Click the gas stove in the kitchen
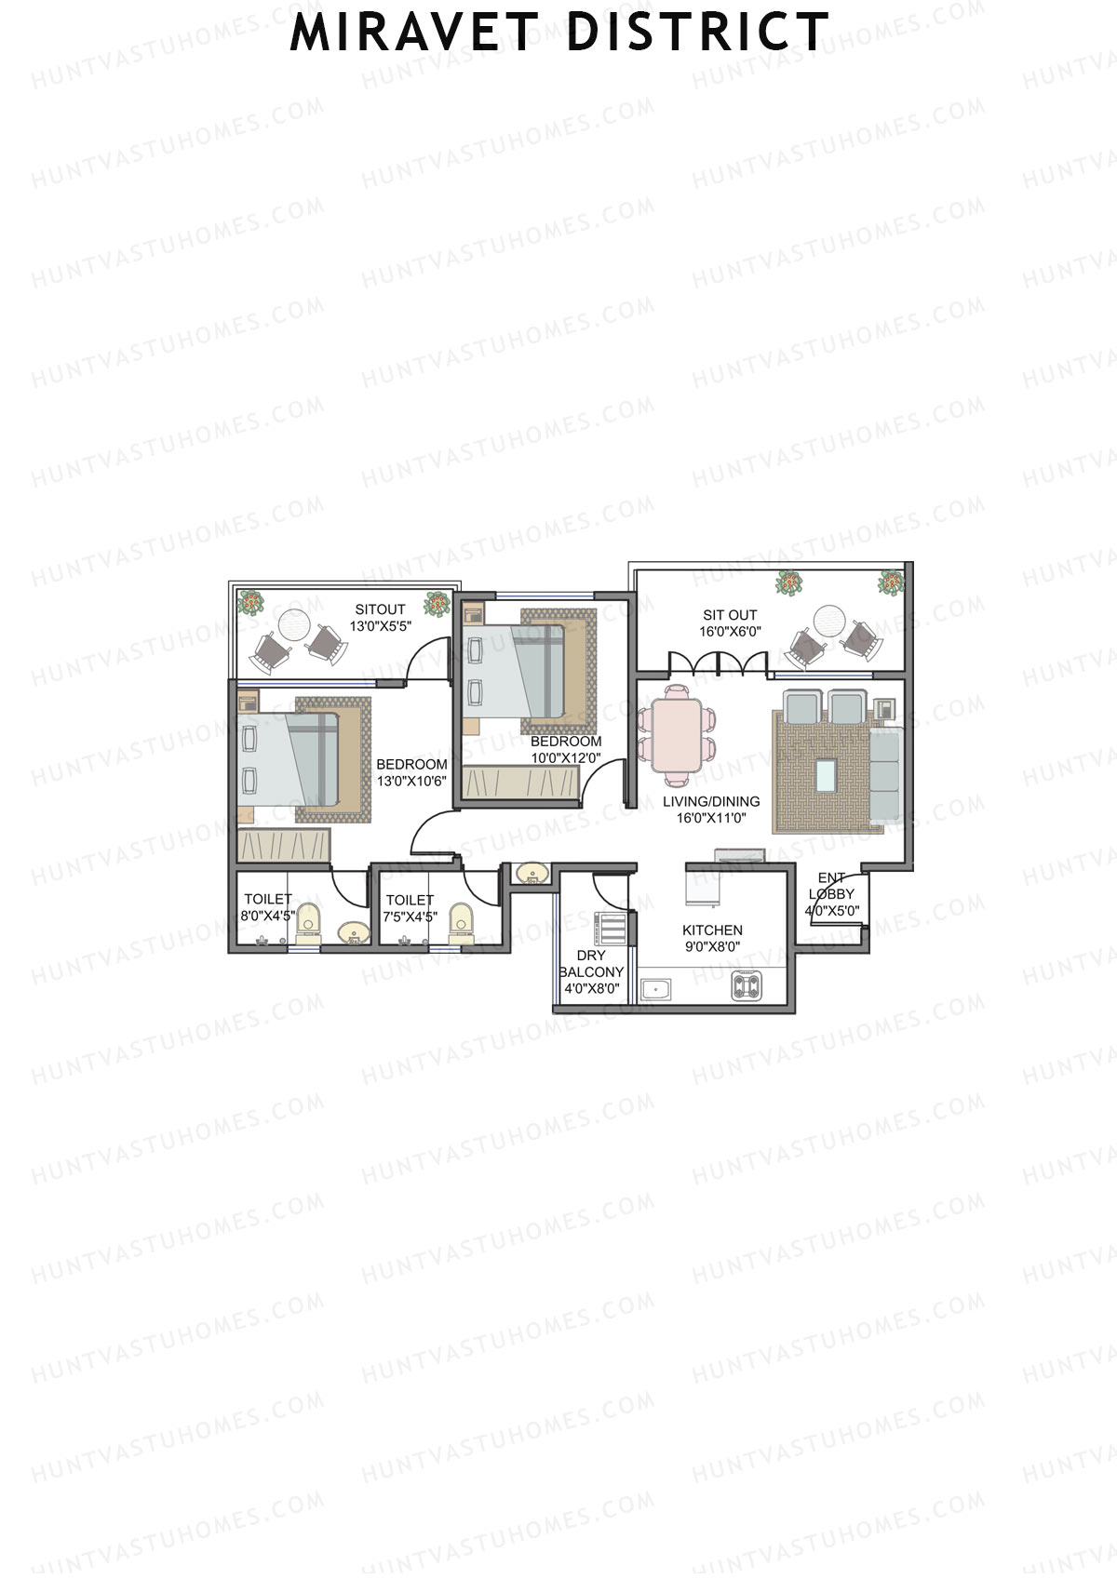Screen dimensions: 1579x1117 coord(747,985)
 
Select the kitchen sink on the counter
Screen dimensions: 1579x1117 coord(656,989)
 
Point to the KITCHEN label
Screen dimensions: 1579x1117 coord(712,930)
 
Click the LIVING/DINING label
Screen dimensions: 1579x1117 coord(711,801)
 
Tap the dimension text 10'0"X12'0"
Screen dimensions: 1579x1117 coord(566,757)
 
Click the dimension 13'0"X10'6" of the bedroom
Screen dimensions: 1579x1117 coord(411,781)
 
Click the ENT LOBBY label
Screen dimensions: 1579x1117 coord(830,886)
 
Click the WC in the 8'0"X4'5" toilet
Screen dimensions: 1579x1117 coord(308,922)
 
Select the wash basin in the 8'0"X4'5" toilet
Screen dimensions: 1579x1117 coord(353,932)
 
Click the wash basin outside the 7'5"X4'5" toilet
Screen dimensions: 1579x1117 coord(531,874)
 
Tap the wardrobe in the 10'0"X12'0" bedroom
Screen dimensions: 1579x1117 coord(521,783)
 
